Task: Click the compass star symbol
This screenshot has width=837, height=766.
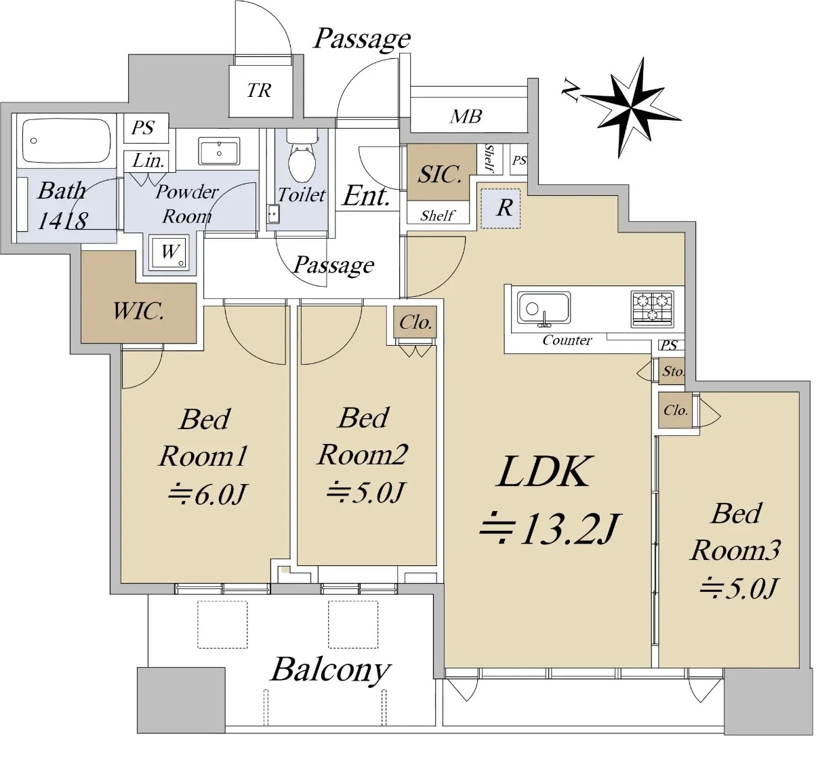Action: tap(631, 108)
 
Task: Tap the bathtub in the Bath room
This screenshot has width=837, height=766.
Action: tap(66, 141)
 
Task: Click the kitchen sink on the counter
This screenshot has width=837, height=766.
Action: tap(544, 308)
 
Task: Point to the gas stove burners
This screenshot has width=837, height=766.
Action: tap(652, 308)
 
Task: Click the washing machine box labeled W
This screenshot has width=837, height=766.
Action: tap(169, 253)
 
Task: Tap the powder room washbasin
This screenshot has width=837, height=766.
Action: tap(219, 151)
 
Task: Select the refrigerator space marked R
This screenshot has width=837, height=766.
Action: tap(504, 208)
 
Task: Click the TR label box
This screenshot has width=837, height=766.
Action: tap(260, 91)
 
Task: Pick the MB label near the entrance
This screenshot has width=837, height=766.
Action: tap(466, 117)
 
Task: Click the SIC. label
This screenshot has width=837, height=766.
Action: tap(440, 174)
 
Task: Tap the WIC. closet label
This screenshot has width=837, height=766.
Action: tap(138, 312)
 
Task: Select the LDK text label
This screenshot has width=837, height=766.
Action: tap(545, 472)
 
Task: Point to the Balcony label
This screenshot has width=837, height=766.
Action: tap(331, 670)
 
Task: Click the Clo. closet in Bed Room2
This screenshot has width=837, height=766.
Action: tap(415, 323)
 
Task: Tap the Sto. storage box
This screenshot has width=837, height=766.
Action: tap(672, 371)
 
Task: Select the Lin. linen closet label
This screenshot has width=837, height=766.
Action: tap(148, 161)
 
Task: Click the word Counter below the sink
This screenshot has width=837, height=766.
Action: tap(567, 340)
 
